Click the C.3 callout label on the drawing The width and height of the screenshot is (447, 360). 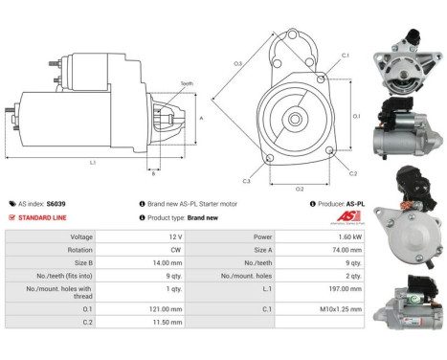click(x=246, y=181)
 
